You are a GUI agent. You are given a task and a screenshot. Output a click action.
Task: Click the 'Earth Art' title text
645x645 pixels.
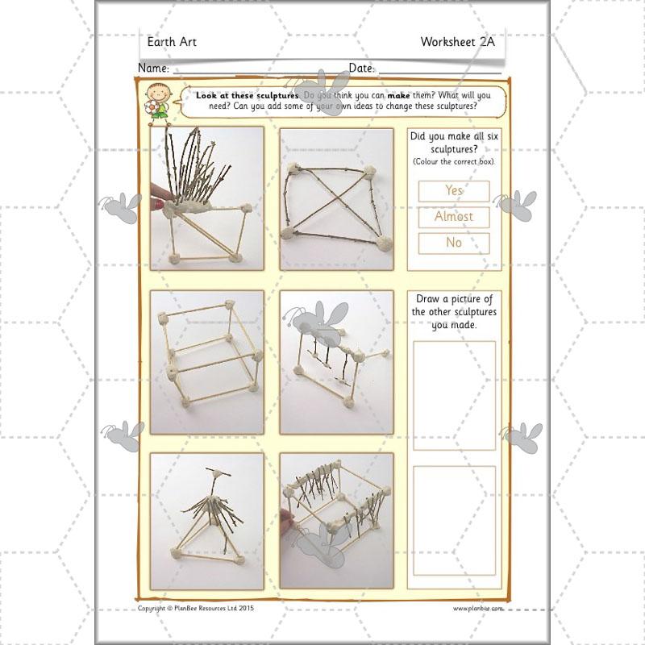[x=172, y=42]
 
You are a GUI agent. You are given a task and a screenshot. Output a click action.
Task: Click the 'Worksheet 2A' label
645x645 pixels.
[x=457, y=42]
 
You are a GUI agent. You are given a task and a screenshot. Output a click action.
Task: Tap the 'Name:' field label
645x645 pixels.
[x=153, y=68]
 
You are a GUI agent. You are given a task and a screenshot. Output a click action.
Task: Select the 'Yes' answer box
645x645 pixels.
[x=454, y=191]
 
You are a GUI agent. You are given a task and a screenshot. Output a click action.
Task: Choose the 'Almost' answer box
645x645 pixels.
[x=454, y=217]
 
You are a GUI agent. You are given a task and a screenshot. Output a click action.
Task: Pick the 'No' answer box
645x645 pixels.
[x=454, y=243]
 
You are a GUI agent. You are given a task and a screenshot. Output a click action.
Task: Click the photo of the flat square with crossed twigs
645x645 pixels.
[x=336, y=198]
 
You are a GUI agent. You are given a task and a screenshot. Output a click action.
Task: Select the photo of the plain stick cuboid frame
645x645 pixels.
[x=207, y=362]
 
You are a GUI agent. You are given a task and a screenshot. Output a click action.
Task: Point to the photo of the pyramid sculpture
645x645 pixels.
[x=207, y=521]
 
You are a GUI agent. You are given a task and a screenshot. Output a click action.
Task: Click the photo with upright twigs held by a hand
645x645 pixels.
[x=207, y=198]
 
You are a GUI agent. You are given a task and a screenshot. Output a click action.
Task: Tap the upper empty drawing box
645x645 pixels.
[x=454, y=396]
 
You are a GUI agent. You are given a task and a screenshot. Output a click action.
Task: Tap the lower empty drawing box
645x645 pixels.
[x=454, y=521]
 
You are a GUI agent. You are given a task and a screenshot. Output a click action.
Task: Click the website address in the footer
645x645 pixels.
[x=477, y=609]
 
